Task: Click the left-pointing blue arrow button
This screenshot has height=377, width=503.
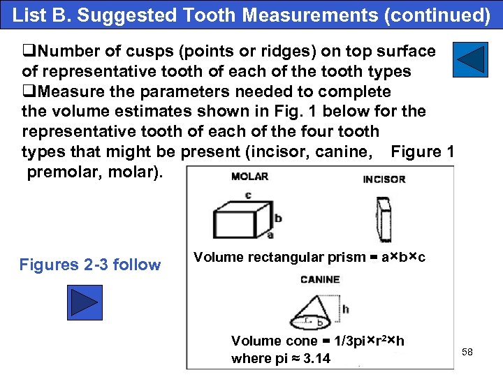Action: [470, 59]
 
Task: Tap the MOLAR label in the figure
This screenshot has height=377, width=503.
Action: [249, 176]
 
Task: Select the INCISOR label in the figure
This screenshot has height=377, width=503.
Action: [384, 179]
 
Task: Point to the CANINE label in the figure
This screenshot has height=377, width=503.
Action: [319, 280]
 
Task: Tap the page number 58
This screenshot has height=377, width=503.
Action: [467, 352]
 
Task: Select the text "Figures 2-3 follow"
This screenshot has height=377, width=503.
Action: [90, 265]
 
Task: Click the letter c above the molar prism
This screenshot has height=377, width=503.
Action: [247, 194]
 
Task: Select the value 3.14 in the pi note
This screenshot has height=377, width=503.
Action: [314, 359]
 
